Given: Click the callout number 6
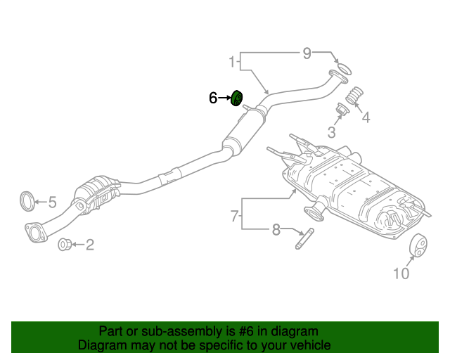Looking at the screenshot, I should pyautogui.click(x=213, y=98).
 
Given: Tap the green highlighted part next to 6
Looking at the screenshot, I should pyautogui.click(x=237, y=98).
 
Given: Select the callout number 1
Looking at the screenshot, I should pyautogui.click(x=232, y=63).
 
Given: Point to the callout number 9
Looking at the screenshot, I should pyautogui.click(x=307, y=53).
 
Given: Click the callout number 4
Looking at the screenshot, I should pyautogui.click(x=366, y=117).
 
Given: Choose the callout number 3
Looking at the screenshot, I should pyautogui.click(x=330, y=131).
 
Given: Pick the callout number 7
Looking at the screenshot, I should pyautogui.click(x=235, y=217).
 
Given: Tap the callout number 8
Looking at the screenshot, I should pyautogui.click(x=276, y=229).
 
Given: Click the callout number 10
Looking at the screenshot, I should pyautogui.click(x=401, y=274).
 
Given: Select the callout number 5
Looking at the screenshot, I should pyautogui.click(x=52, y=202).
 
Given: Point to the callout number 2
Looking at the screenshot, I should pyautogui.click(x=89, y=245).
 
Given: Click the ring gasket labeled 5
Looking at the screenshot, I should pyautogui.click(x=27, y=200).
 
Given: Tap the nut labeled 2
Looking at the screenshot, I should pyautogui.click(x=63, y=245).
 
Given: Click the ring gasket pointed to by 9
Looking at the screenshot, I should pyautogui.click(x=340, y=69).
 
